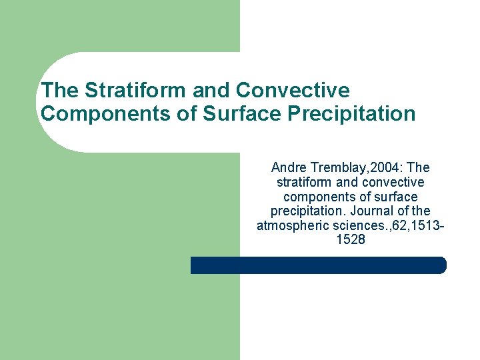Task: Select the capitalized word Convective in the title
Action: pos(293,90)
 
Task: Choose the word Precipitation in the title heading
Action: pos(352,114)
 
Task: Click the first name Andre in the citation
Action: pos(287,167)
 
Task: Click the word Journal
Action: pos(370,211)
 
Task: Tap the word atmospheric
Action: pos(291,226)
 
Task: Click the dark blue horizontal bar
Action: pos(318,265)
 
